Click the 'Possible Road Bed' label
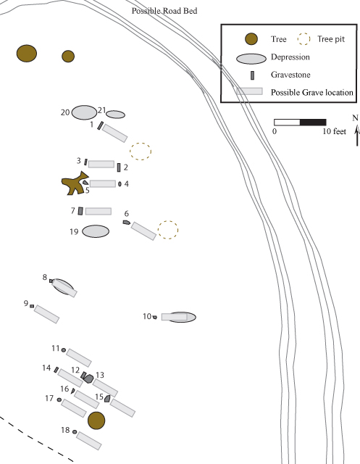[164, 11]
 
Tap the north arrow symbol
[357, 135]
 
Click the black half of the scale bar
[313, 123]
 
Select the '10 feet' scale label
[334, 131]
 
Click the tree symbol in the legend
[251, 39]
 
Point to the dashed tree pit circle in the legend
[304, 38]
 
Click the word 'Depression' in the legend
[290, 57]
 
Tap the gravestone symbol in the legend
[252, 75]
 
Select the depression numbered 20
[84, 112]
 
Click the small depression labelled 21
[116, 115]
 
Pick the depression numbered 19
[96, 231]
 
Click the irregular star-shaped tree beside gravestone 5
[74, 184]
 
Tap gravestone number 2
[119, 167]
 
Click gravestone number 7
[80, 211]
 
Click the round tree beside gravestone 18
[96, 420]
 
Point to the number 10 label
[147, 316]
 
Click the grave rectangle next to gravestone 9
[46, 314]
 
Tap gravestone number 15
[108, 399]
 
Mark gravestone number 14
[56, 370]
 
